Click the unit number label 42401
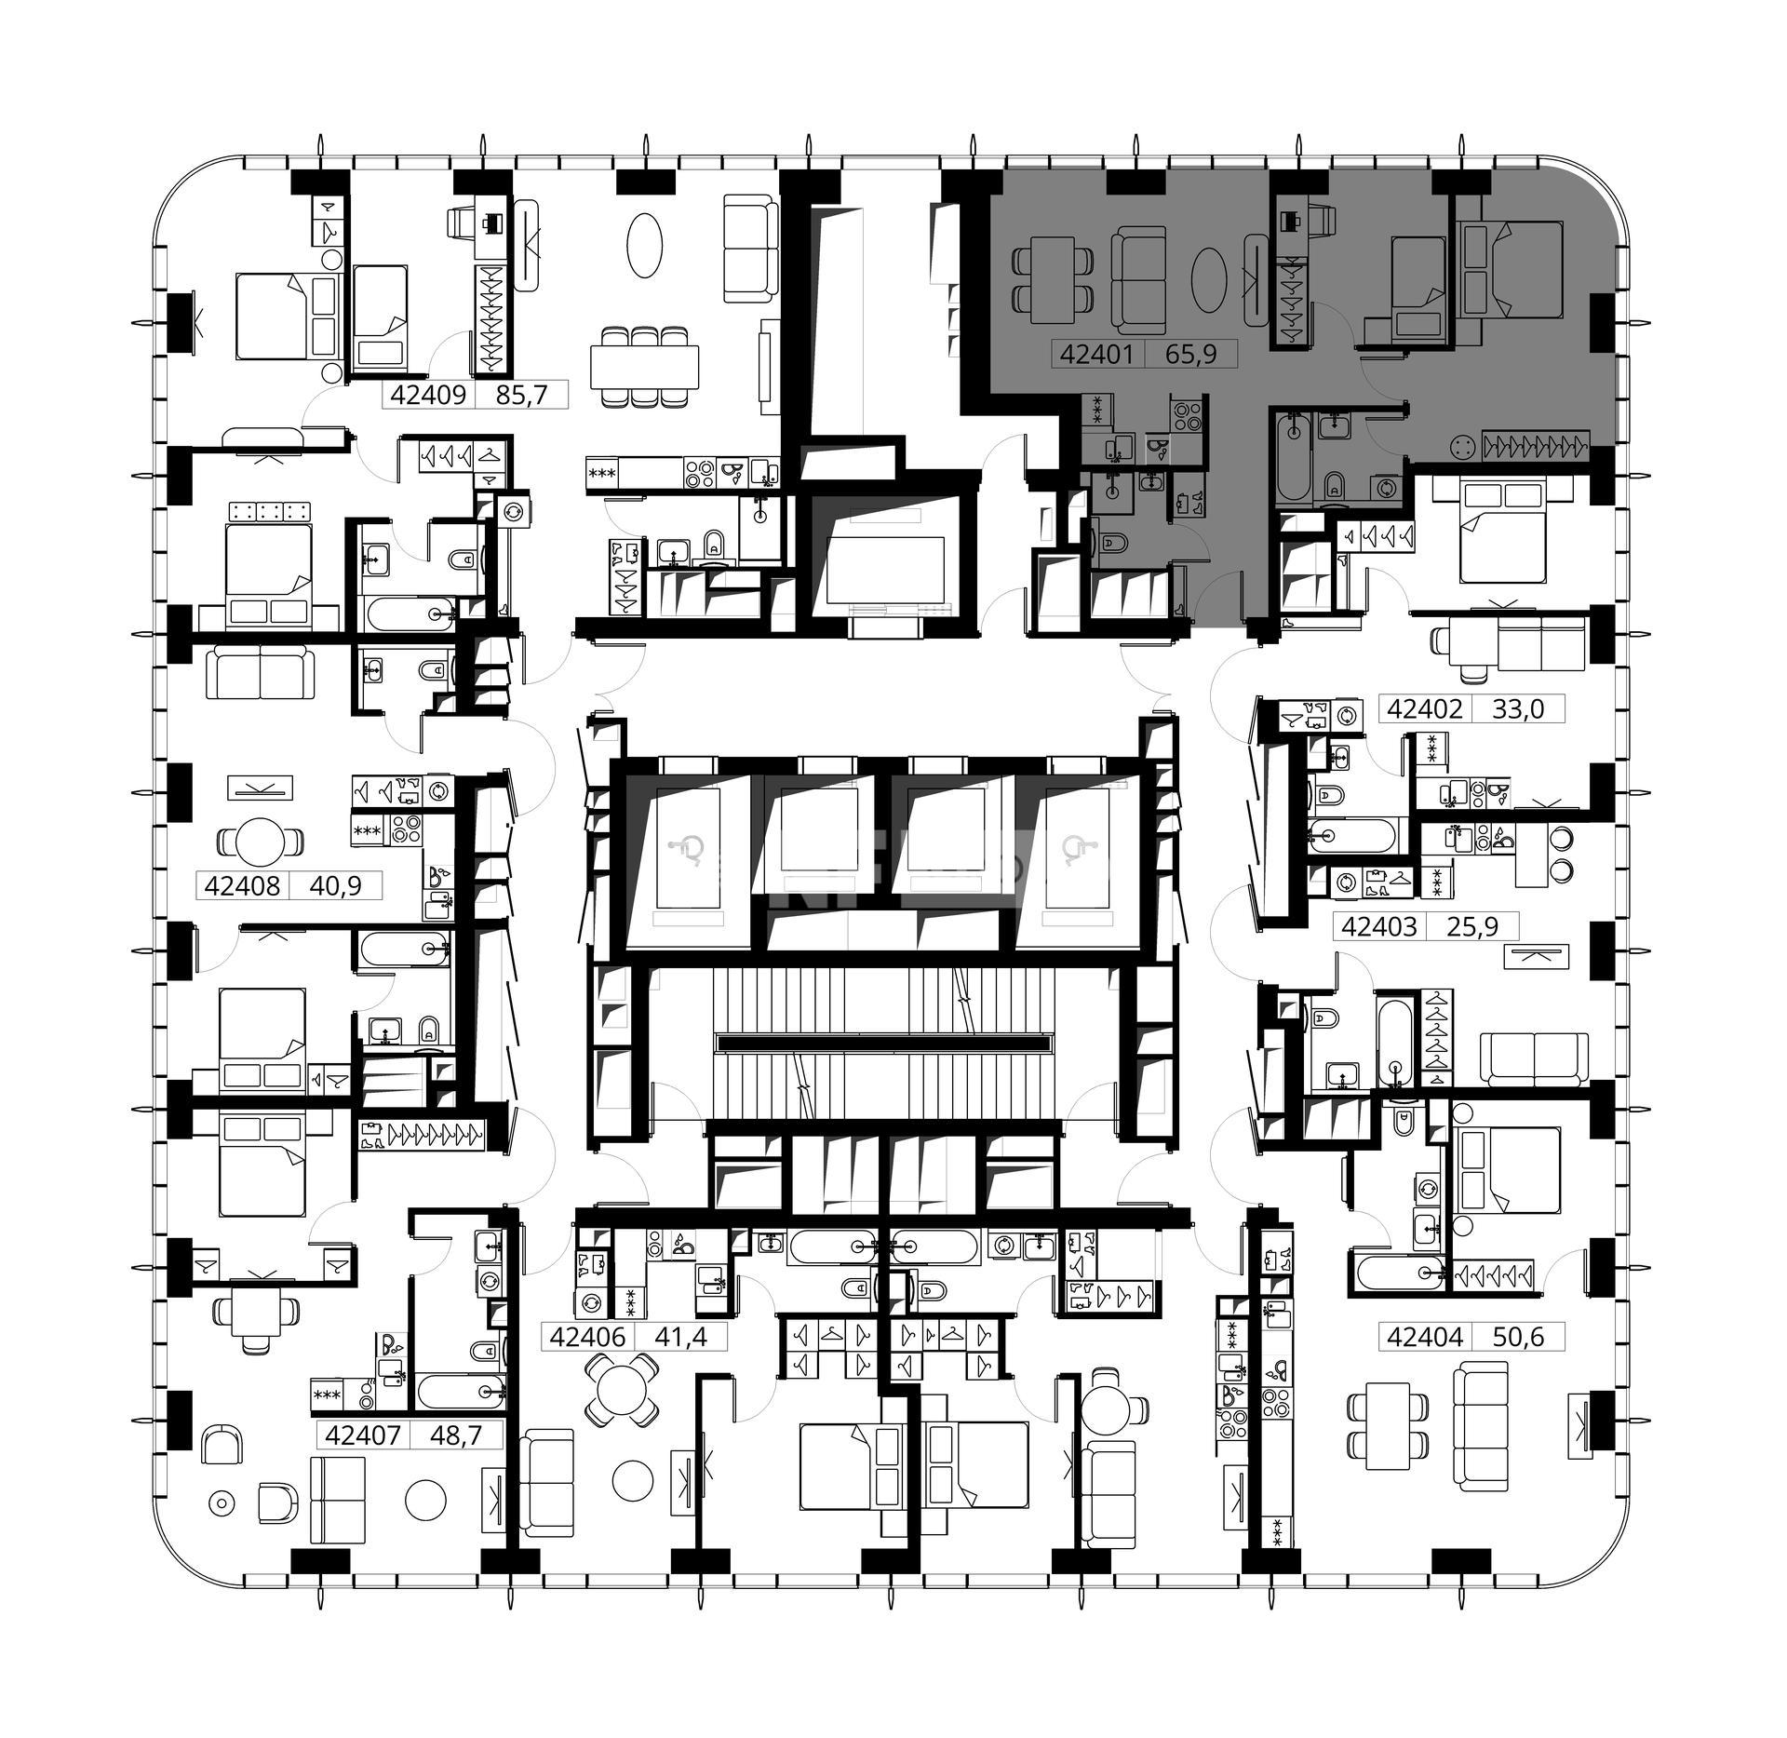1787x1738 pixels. click(1095, 355)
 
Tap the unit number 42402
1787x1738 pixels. click(1423, 709)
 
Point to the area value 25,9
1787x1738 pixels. click(1472, 926)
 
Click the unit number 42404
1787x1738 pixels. click(1423, 1337)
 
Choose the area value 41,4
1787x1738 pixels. click(680, 1337)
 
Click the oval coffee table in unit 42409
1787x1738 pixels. click(644, 245)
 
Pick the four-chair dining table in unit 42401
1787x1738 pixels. click(1051, 275)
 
